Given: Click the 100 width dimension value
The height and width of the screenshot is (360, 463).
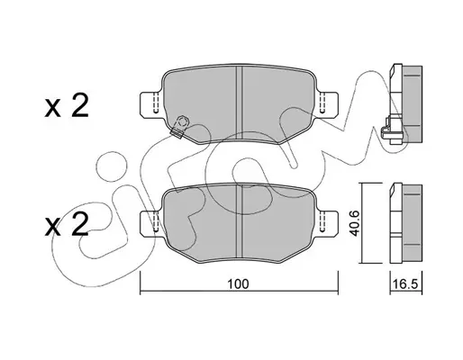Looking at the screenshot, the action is click(238, 283).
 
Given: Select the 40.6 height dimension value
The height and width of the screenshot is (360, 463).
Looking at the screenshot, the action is click(356, 223).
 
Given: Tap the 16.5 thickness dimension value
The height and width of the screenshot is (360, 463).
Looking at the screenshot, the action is click(405, 284).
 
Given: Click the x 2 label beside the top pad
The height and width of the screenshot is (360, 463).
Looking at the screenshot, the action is click(67, 106).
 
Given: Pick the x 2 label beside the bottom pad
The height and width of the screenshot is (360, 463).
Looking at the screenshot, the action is click(67, 225).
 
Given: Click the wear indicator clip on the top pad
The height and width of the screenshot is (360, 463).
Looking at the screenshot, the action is click(180, 127).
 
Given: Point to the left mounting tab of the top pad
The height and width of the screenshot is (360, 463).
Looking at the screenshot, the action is click(150, 103).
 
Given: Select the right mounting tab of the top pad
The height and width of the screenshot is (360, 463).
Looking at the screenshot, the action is click(329, 103).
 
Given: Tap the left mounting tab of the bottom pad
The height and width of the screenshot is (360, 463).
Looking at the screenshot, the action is click(150, 222).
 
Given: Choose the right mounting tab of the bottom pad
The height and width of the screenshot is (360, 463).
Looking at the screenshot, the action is click(329, 222).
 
